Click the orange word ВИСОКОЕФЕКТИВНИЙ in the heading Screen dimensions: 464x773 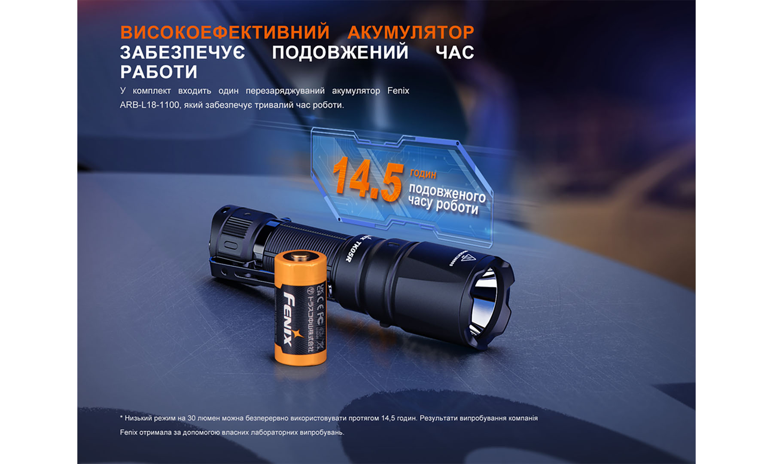(225, 33)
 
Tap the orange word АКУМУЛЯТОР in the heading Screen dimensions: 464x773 (411, 33)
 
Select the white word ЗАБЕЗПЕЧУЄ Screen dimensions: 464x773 (183, 52)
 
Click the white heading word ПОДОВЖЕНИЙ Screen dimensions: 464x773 (340, 52)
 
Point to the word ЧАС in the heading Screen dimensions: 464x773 (455, 52)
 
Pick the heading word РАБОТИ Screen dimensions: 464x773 (159, 72)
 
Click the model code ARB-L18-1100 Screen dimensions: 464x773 (149, 105)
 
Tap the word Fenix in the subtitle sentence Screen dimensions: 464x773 (398, 91)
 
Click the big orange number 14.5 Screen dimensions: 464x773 (368, 179)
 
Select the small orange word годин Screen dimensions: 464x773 (423, 174)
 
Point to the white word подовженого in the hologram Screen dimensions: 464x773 (447, 193)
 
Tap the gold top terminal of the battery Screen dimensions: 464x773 (300, 257)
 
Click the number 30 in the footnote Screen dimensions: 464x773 (192, 418)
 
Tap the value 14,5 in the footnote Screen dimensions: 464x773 (389, 418)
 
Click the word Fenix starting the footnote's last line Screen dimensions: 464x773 (128, 432)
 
